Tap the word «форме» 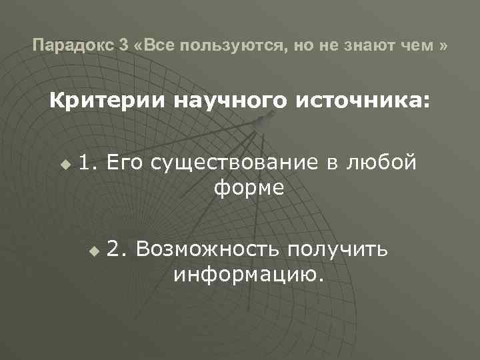(x=249, y=189)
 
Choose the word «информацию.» (x=249, y=275)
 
